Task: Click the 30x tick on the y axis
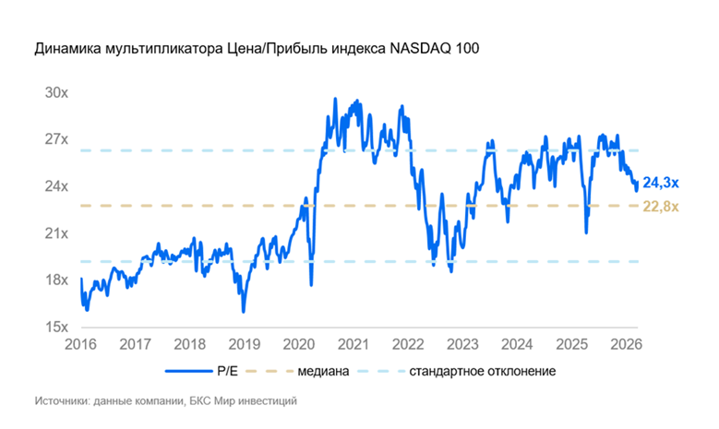pos(56,93)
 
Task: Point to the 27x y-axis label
pos(56,139)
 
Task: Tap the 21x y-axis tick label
pos(56,233)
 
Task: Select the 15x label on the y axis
pos(56,327)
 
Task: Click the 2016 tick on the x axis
pos(81,344)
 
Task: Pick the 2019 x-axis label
pos(245,344)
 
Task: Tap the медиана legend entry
pos(323,372)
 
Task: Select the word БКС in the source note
pos(200,402)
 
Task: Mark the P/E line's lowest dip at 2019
pos(244,312)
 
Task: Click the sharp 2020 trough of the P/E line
pos(311,284)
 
